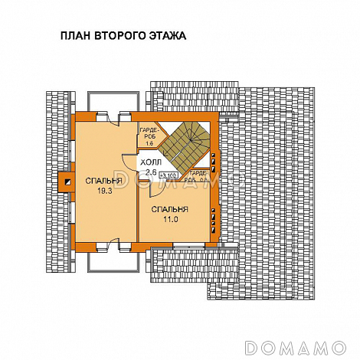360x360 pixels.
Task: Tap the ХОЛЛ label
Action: (150, 162)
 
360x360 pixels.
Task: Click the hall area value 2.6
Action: (150, 172)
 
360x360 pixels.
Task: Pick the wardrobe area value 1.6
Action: (150, 143)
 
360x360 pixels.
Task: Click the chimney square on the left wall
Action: (63, 182)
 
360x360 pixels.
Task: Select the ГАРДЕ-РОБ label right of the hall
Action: (198, 178)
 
